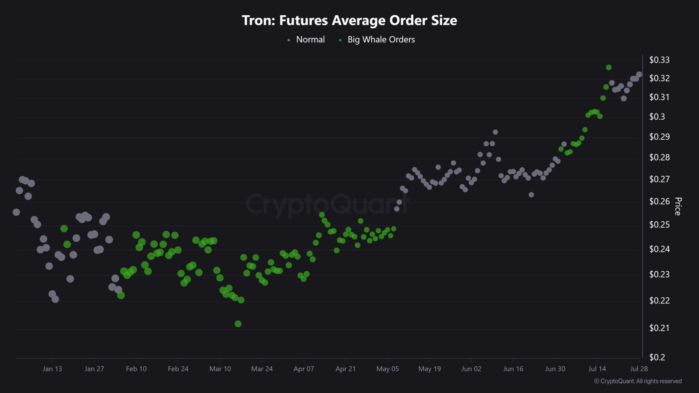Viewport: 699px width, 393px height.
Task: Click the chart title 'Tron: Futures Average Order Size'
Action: [349, 21]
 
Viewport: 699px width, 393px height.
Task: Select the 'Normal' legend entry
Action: [310, 40]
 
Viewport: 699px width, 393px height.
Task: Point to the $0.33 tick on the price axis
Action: [659, 60]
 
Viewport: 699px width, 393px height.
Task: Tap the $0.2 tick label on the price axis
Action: [657, 357]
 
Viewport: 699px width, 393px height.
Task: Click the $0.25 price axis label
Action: [659, 224]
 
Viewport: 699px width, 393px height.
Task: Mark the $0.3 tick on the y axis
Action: [657, 117]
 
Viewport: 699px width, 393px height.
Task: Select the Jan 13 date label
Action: [52, 369]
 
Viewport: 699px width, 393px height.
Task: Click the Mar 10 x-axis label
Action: [220, 369]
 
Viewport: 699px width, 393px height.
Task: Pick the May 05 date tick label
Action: [388, 369]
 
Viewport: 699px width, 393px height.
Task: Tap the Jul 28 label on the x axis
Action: [639, 369]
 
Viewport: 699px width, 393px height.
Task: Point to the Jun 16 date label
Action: [513, 369]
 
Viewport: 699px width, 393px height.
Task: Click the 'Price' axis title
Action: [678, 206]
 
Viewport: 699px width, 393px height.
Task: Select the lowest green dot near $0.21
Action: [238, 324]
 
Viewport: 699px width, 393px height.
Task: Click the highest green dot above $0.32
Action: [609, 67]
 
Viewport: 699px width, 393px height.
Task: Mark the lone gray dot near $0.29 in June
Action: [495, 132]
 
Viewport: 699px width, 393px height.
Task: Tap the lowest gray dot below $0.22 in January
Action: [55, 299]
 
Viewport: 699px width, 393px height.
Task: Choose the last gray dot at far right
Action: [639, 75]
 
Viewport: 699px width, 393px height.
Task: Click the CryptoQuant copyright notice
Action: [638, 381]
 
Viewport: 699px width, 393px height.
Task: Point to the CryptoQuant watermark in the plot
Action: [328, 204]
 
